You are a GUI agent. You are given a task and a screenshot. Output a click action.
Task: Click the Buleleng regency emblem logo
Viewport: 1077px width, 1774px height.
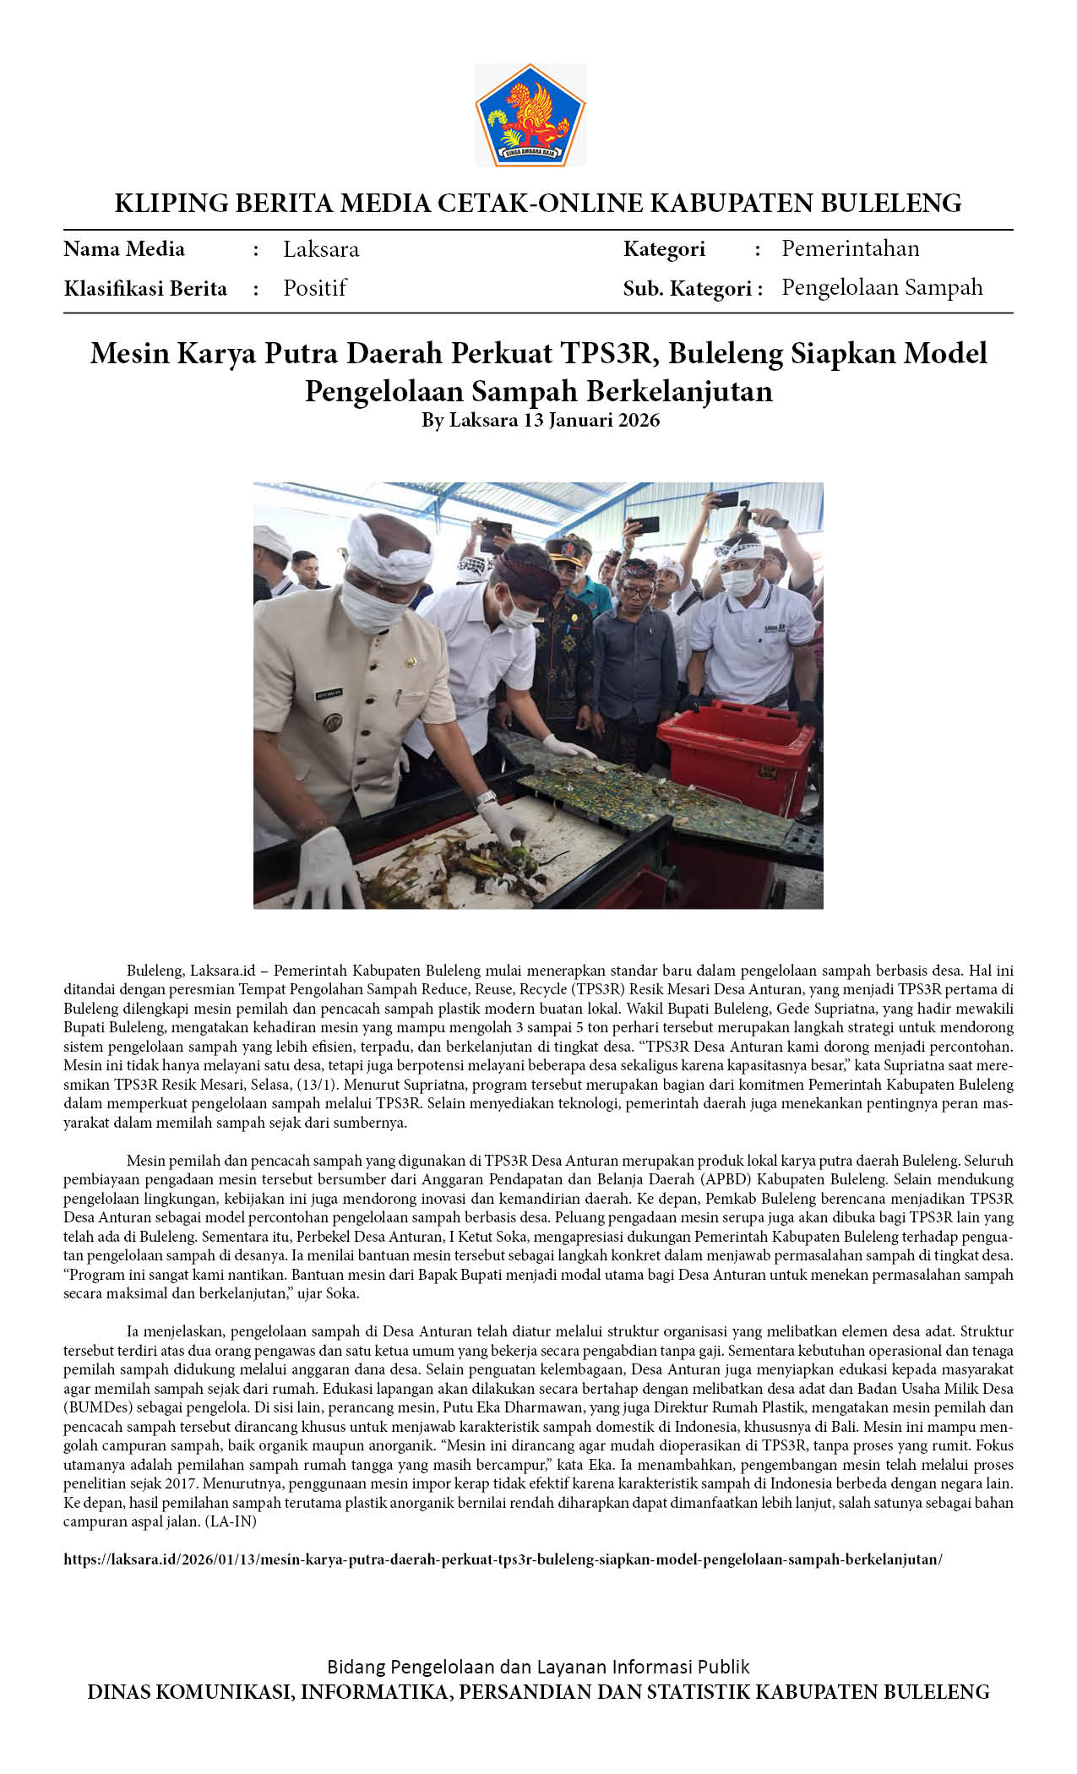click(x=530, y=115)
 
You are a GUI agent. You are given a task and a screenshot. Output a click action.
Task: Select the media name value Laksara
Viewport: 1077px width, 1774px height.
click(x=321, y=249)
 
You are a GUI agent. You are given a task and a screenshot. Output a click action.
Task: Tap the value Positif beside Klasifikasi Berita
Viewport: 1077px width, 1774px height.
click(x=315, y=288)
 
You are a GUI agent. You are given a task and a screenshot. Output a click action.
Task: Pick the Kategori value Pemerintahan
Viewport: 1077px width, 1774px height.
click(x=850, y=248)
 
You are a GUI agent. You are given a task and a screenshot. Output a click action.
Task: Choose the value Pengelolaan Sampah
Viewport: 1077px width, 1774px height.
click(x=882, y=287)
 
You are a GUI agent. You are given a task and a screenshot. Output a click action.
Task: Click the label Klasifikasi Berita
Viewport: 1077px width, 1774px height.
click(x=145, y=289)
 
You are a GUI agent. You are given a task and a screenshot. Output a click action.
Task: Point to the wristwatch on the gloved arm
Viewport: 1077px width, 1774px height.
click(x=485, y=798)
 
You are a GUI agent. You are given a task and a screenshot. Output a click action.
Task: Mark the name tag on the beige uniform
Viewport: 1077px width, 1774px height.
click(x=329, y=694)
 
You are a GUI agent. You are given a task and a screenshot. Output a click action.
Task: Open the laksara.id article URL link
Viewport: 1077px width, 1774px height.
click(x=503, y=1559)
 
